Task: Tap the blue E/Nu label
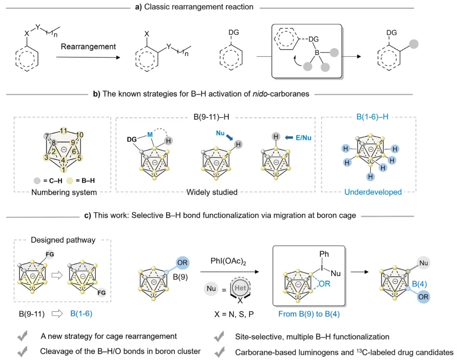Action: point(302,137)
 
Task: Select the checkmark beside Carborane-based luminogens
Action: point(219,351)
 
